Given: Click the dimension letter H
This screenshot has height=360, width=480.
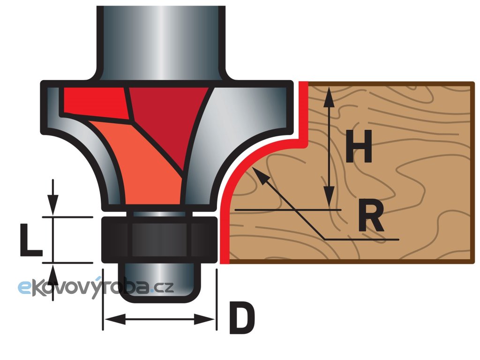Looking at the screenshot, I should (x=359, y=146).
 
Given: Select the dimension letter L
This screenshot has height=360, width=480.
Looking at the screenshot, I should (x=31, y=240).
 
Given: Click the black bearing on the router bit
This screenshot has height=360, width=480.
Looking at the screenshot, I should (x=159, y=240).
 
